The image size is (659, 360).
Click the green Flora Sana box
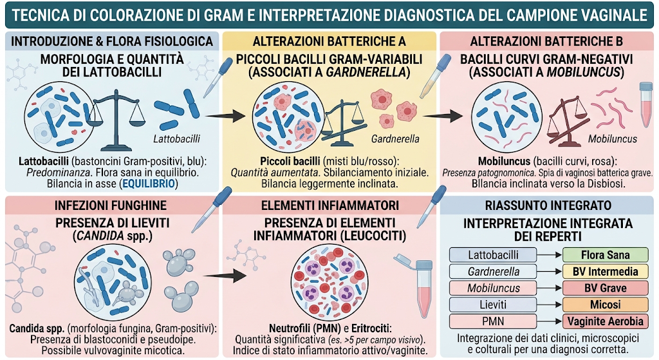click(x=605, y=255)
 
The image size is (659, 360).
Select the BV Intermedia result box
click(x=605, y=272)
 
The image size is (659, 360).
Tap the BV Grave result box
click(x=605, y=288)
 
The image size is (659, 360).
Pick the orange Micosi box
click(x=605, y=305)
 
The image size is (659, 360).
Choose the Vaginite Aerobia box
click(x=605, y=321)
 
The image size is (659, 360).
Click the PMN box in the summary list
click(x=493, y=321)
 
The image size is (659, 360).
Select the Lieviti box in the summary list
click(x=493, y=305)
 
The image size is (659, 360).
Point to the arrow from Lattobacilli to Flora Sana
click(x=550, y=255)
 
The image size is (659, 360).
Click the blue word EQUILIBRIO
click(x=149, y=184)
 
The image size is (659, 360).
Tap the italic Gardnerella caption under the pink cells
click(x=395, y=139)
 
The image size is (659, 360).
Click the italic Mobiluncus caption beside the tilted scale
click(x=613, y=139)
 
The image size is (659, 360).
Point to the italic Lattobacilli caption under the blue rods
click(x=176, y=139)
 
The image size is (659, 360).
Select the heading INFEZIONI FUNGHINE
click(x=111, y=205)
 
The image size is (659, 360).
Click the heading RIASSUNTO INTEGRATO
click(x=548, y=205)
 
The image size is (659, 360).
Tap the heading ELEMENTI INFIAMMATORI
click(x=330, y=205)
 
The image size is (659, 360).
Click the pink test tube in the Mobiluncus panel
click(x=646, y=104)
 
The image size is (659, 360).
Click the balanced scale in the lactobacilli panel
click(x=115, y=120)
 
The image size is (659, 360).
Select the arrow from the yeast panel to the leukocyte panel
click(x=225, y=276)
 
